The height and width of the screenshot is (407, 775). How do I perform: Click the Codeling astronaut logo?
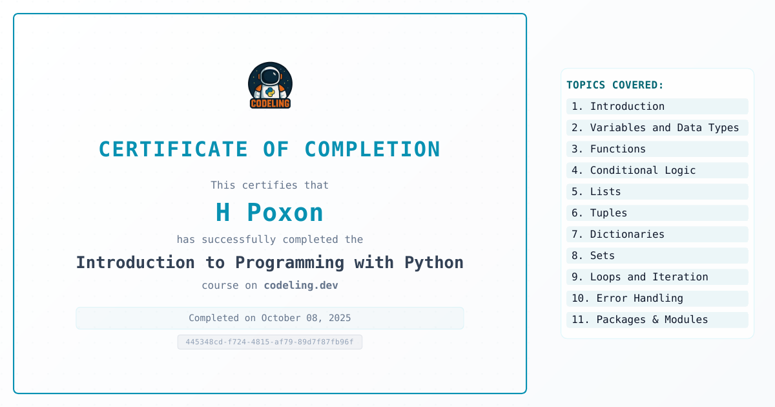270,85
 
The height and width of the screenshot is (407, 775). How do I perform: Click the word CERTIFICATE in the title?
173,149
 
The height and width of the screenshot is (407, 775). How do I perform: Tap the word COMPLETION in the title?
372,149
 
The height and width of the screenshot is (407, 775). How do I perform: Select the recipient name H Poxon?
269,212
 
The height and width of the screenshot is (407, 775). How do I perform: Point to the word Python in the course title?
434,263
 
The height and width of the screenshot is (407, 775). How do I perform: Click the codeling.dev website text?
301,285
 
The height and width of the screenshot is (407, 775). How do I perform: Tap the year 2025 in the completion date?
340,318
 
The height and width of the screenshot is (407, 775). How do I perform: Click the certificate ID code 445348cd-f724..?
270,342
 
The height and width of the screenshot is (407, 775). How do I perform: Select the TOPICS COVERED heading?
615,85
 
